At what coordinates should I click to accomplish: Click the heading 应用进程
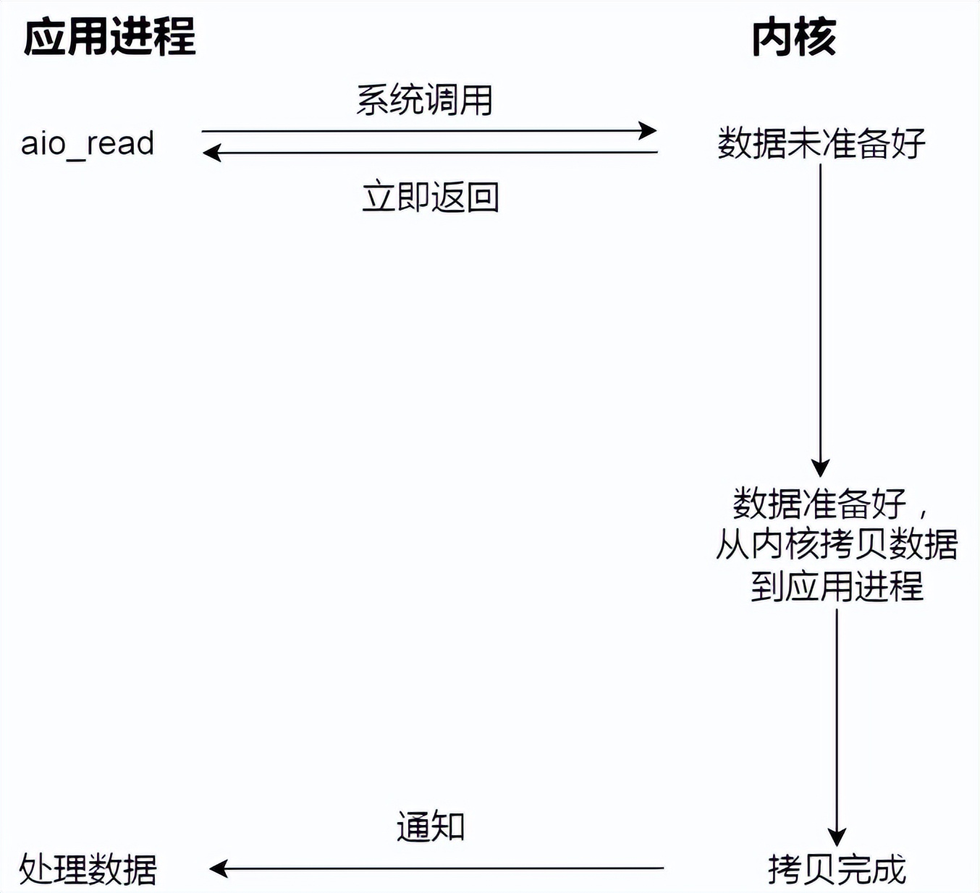point(109,37)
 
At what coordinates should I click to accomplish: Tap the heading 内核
point(794,37)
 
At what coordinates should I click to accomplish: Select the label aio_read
point(88,143)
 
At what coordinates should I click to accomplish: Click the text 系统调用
point(425,100)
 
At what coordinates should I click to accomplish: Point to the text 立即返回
point(431,197)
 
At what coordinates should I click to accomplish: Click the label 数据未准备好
point(821,143)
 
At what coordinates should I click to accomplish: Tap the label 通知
point(431,826)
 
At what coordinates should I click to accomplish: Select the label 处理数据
point(88,868)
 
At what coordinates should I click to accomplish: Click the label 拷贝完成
point(837,868)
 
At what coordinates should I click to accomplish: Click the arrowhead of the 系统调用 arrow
point(649,131)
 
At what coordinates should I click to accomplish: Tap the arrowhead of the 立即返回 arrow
point(211,153)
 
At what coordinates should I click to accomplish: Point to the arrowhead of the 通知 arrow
point(218,868)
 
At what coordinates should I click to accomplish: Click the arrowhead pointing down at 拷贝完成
point(837,837)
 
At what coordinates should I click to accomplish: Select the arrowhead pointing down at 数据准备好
point(820,467)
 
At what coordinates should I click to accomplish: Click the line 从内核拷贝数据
point(837,544)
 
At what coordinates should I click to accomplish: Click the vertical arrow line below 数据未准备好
point(820,311)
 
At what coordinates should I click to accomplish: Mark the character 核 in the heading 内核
point(816,37)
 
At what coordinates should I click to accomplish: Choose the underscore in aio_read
point(75,155)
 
